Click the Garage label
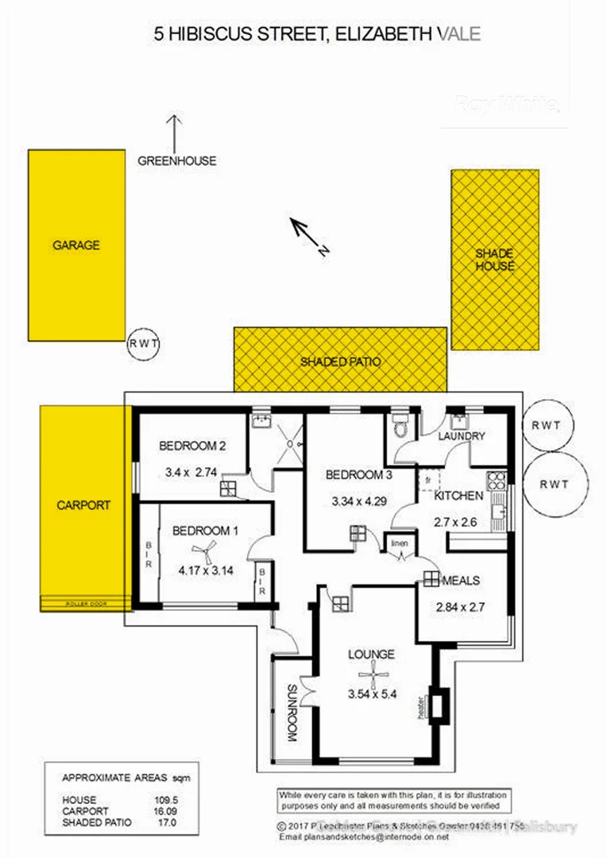click(x=76, y=245)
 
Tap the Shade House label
click(x=495, y=260)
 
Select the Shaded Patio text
click(x=341, y=361)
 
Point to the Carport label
click(x=83, y=504)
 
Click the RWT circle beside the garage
click(x=144, y=344)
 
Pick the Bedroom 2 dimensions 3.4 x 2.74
click(x=191, y=472)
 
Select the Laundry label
click(x=462, y=436)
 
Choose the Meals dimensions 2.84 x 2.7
click(x=454, y=608)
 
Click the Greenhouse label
click(x=176, y=160)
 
